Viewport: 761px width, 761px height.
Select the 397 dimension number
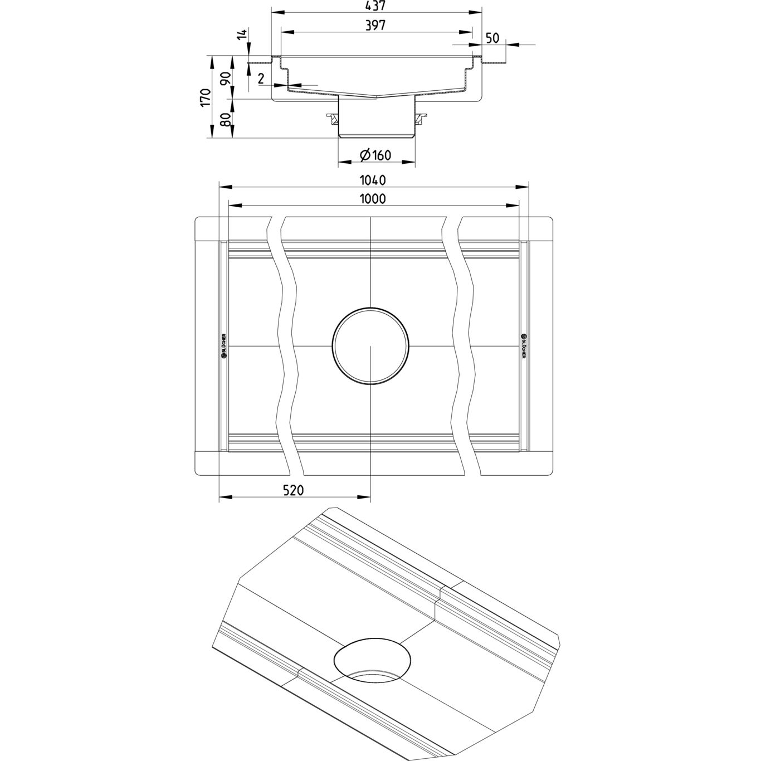tap(376, 26)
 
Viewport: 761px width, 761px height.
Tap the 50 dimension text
tap(492, 38)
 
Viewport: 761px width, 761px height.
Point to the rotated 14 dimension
tap(241, 35)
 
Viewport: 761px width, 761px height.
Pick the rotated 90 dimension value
tap(226, 77)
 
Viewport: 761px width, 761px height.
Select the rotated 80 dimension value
tap(226, 119)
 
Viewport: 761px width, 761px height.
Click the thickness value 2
tap(261, 78)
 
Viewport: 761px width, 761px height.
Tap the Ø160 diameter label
tap(376, 155)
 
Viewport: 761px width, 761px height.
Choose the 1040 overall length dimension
tap(373, 180)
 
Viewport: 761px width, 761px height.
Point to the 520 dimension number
tap(293, 490)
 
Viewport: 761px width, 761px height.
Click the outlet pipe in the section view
tap(377, 117)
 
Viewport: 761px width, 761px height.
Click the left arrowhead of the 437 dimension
tap(274, 11)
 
